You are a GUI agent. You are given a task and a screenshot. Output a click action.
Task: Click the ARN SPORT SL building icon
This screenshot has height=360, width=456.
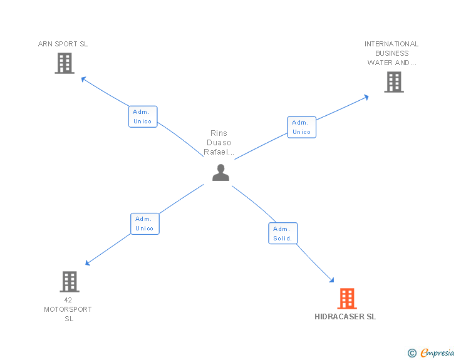click(x=65, y=63)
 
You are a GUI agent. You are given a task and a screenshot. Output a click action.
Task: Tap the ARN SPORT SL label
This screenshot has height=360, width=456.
click(x=63, y=44)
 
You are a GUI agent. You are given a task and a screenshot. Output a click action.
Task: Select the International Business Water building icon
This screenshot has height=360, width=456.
click(x=393, y=82)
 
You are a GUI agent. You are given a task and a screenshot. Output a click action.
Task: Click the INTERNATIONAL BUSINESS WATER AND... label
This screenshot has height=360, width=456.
click(x=391, y=53)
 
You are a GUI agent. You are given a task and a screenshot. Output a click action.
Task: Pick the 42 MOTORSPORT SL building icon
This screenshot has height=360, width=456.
click(x=70, y=282)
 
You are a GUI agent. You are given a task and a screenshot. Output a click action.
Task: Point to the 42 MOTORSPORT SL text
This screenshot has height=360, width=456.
click(x=68, y=309)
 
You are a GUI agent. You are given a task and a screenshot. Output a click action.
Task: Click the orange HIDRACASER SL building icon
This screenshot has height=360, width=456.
click(x=346, y=299)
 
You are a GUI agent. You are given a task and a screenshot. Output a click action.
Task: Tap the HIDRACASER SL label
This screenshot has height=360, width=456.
click(x=345, y=317)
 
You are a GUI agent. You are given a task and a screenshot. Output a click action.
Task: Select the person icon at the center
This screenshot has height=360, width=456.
click(x=220, y=172)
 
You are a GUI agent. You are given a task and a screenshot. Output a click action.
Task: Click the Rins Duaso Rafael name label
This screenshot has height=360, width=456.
click(x=219, y=143)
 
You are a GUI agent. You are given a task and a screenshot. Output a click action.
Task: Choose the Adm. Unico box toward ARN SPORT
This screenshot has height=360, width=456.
click(x=143, y=116)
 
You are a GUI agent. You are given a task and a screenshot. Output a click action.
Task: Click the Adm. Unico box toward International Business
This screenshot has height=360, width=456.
click(x=301, y=127)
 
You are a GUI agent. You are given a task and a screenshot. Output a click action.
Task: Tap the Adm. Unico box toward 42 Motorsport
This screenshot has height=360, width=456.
click(x=145, y=224)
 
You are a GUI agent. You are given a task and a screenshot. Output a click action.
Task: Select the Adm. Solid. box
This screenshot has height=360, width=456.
click(x=282, y=234)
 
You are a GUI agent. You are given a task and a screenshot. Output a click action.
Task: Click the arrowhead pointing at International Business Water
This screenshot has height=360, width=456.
click(x=366, y=96)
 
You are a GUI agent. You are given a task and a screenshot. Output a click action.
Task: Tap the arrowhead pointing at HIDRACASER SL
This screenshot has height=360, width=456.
click(x=331, y=281)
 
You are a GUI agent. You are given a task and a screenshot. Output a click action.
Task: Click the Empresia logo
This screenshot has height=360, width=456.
click(x=437, y=353)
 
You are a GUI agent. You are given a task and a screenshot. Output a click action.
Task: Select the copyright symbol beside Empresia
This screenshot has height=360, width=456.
click(x=412, y=353)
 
